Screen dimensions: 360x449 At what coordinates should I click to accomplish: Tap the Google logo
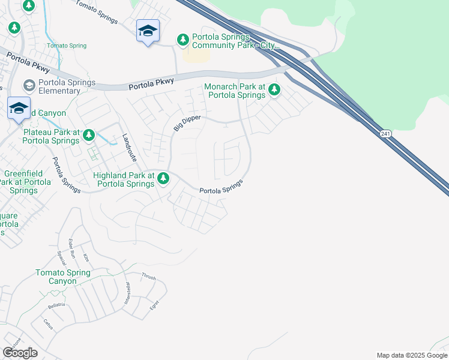coord(20,352)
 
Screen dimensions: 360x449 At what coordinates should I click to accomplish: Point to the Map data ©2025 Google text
coord(412,355)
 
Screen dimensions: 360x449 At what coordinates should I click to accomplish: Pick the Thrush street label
coord(148,277)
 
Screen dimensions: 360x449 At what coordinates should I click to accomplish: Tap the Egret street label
coord(156,304)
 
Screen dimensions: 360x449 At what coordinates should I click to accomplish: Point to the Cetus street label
coord(49,325)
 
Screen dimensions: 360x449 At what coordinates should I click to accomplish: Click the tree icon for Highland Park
coord(163,178)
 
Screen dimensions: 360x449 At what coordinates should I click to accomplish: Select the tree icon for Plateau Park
coord(89,134)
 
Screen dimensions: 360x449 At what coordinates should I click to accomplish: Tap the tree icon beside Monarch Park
coord(274,90)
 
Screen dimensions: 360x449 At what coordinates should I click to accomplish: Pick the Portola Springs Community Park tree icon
coord(183,40)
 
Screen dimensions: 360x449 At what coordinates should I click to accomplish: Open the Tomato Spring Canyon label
coord(63,277)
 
